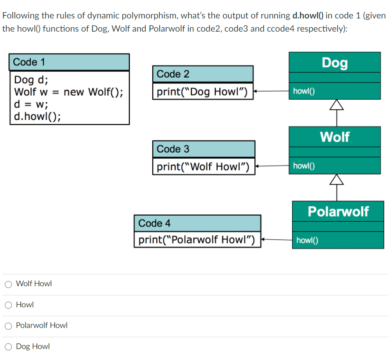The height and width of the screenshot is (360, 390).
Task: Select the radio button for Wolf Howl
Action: tap(8, 284)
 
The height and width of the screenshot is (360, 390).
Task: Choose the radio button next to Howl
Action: tap(8, 305)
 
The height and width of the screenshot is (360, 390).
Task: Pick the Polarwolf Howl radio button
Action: tap(8, 326)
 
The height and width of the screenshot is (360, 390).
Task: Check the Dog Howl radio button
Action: tap(8, 347)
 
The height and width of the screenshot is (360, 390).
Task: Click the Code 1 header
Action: tap(29, 62)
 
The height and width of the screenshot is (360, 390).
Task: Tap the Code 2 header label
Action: tap(173, 74)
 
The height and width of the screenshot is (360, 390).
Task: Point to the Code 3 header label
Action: tap(173, 149)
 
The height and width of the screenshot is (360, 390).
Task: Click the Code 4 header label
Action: tap(154, 223)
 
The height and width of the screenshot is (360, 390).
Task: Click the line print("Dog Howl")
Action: tap(202, 92)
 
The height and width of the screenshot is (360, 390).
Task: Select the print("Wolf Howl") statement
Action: tap(203, 167)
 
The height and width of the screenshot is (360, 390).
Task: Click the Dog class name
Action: tap(334, 63)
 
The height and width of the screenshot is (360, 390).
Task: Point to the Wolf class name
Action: tap(334, 137)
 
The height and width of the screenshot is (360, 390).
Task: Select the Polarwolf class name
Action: tap(338, 211)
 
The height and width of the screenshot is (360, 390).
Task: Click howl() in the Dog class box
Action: tap(304, 91)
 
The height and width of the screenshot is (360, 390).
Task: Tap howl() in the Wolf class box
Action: tap(304, 166)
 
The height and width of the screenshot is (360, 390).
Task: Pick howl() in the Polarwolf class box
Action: tap(307, 240)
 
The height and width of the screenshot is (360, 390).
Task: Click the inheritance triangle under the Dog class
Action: tap(336, 104)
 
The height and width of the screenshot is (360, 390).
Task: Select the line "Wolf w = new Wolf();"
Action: tap(68, 92)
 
